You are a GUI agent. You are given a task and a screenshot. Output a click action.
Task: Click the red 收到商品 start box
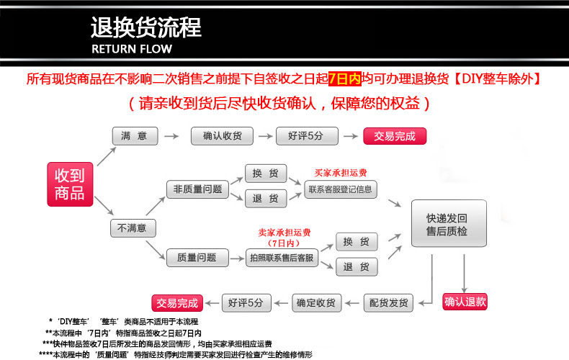tap(70, 184)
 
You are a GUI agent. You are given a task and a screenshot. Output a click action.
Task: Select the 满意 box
tap(135, 136)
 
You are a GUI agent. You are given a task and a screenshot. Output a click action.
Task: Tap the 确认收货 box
tap(222, 136)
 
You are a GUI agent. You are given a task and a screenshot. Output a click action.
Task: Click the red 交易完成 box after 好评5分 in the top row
tap(395, 136)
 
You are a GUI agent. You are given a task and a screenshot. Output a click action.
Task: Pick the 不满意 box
tap(133, 228)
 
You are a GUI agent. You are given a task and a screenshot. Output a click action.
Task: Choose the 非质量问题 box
tap(198, 189)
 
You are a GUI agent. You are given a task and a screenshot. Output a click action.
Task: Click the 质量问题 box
tap(198, 258)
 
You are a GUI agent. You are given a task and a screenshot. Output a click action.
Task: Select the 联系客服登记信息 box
tap(341, 189)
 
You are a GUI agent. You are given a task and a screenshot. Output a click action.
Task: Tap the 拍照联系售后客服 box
tap(282, 258)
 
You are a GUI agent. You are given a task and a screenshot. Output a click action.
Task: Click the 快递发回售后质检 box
tap(449, 223)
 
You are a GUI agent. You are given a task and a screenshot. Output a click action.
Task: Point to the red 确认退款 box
tap(465, 302)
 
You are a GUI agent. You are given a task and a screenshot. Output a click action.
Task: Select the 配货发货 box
tap(389, 303)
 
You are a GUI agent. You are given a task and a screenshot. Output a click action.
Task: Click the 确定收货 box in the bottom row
tap(317, 303)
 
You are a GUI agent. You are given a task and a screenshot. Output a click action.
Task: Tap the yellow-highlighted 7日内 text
tap(345, 78)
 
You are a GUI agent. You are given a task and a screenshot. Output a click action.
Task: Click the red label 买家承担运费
tap(341, 173)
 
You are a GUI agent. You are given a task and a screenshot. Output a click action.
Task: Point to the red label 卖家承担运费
tap(284, 233)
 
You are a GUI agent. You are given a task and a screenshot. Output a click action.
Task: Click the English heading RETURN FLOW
tap(132, 49)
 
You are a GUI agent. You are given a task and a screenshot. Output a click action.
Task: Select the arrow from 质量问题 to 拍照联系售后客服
tap(238, 258)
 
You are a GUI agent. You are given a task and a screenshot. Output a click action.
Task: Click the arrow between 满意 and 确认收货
tap(171, 136)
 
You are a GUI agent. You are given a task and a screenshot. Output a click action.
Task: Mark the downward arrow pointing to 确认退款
tap(464, 273)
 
